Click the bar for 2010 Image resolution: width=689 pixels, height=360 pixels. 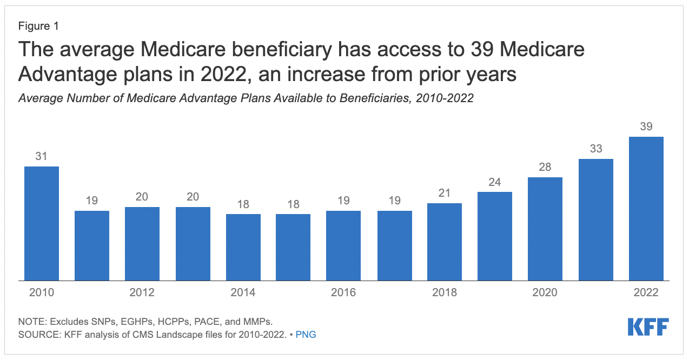click(42, 223)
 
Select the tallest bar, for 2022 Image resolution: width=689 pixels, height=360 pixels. click(646, 209)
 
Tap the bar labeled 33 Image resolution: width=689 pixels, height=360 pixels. click(595, 219)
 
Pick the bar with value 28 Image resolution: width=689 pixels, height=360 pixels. click(545, 229)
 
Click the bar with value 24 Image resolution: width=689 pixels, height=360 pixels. click(495, 236)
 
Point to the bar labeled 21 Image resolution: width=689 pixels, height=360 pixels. click(445, 242)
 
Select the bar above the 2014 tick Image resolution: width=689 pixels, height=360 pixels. click(243, 247)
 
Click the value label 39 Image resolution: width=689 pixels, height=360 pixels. click(646, 126)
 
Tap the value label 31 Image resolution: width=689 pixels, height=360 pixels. click(42, 156)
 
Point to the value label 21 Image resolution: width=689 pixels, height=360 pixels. click(445, 193)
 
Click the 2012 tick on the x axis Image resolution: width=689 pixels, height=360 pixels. click(142, 292)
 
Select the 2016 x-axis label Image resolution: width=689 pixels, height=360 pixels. click(343, 292)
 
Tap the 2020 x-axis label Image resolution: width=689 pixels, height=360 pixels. click(545, 292)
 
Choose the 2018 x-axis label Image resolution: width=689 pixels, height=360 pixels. click(445, 292)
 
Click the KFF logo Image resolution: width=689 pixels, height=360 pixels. click(648, 327)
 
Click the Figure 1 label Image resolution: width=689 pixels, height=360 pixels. click(38, 26)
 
